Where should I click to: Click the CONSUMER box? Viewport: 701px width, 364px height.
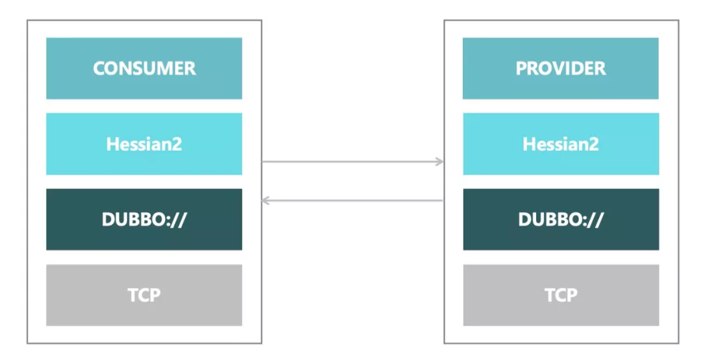coord(144,68)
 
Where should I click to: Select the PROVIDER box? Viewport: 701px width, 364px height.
coord(561,68)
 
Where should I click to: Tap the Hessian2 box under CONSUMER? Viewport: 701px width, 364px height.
coord(144,143)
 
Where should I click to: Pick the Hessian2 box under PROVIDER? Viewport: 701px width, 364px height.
coord(561,143)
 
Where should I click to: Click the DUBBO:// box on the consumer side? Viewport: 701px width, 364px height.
coord(144,219)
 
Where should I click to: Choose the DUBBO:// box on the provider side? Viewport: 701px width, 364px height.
coord(561,219)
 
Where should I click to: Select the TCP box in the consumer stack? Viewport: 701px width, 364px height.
coord(144,295)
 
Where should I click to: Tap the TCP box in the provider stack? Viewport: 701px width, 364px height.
coord(561,295)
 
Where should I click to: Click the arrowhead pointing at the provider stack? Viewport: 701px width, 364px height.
coord(440,162)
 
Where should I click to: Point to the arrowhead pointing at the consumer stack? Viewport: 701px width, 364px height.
coord(265,200)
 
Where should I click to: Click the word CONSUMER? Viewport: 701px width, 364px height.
coord(144,68)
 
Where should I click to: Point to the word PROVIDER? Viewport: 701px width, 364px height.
coord(561,68)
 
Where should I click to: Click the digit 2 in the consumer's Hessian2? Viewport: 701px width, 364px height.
coord(177,144)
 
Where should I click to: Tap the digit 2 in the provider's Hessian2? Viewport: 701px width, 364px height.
coord(594,144)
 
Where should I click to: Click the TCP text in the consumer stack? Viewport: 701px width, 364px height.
coord(144,295)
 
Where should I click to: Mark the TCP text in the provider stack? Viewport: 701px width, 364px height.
coord(561,295)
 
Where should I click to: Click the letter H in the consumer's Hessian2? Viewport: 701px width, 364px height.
coord(112,144)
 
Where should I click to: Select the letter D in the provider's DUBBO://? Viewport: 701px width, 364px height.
coord(525,219)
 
